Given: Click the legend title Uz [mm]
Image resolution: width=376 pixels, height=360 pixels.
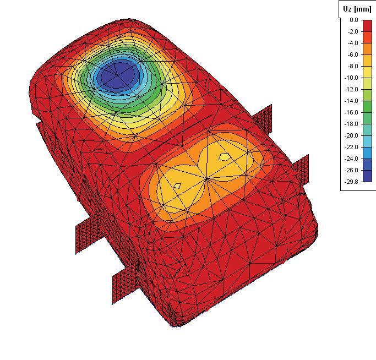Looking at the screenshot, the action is [x=357, y=9].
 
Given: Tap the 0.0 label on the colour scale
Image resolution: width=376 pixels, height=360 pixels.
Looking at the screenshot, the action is [x=353, y=20].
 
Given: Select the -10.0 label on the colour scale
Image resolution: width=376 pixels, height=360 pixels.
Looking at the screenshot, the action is [x=351, y=78].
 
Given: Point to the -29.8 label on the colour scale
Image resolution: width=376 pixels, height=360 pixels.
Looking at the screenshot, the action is [x=351, y=182].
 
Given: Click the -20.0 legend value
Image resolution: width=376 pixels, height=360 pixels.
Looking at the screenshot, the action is [x=351, y=135].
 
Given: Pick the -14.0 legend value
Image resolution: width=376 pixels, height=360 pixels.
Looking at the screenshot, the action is [x=351, y=101].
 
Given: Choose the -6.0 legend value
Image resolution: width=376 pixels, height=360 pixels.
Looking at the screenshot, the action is [x=353, y=54].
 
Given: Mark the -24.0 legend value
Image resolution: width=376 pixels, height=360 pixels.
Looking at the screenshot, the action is [x=351, y=159].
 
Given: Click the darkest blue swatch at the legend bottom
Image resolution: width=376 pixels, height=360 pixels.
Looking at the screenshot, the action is [x=367, y=176].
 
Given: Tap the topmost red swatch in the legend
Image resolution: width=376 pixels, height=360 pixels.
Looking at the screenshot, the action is [x=367, y=26].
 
